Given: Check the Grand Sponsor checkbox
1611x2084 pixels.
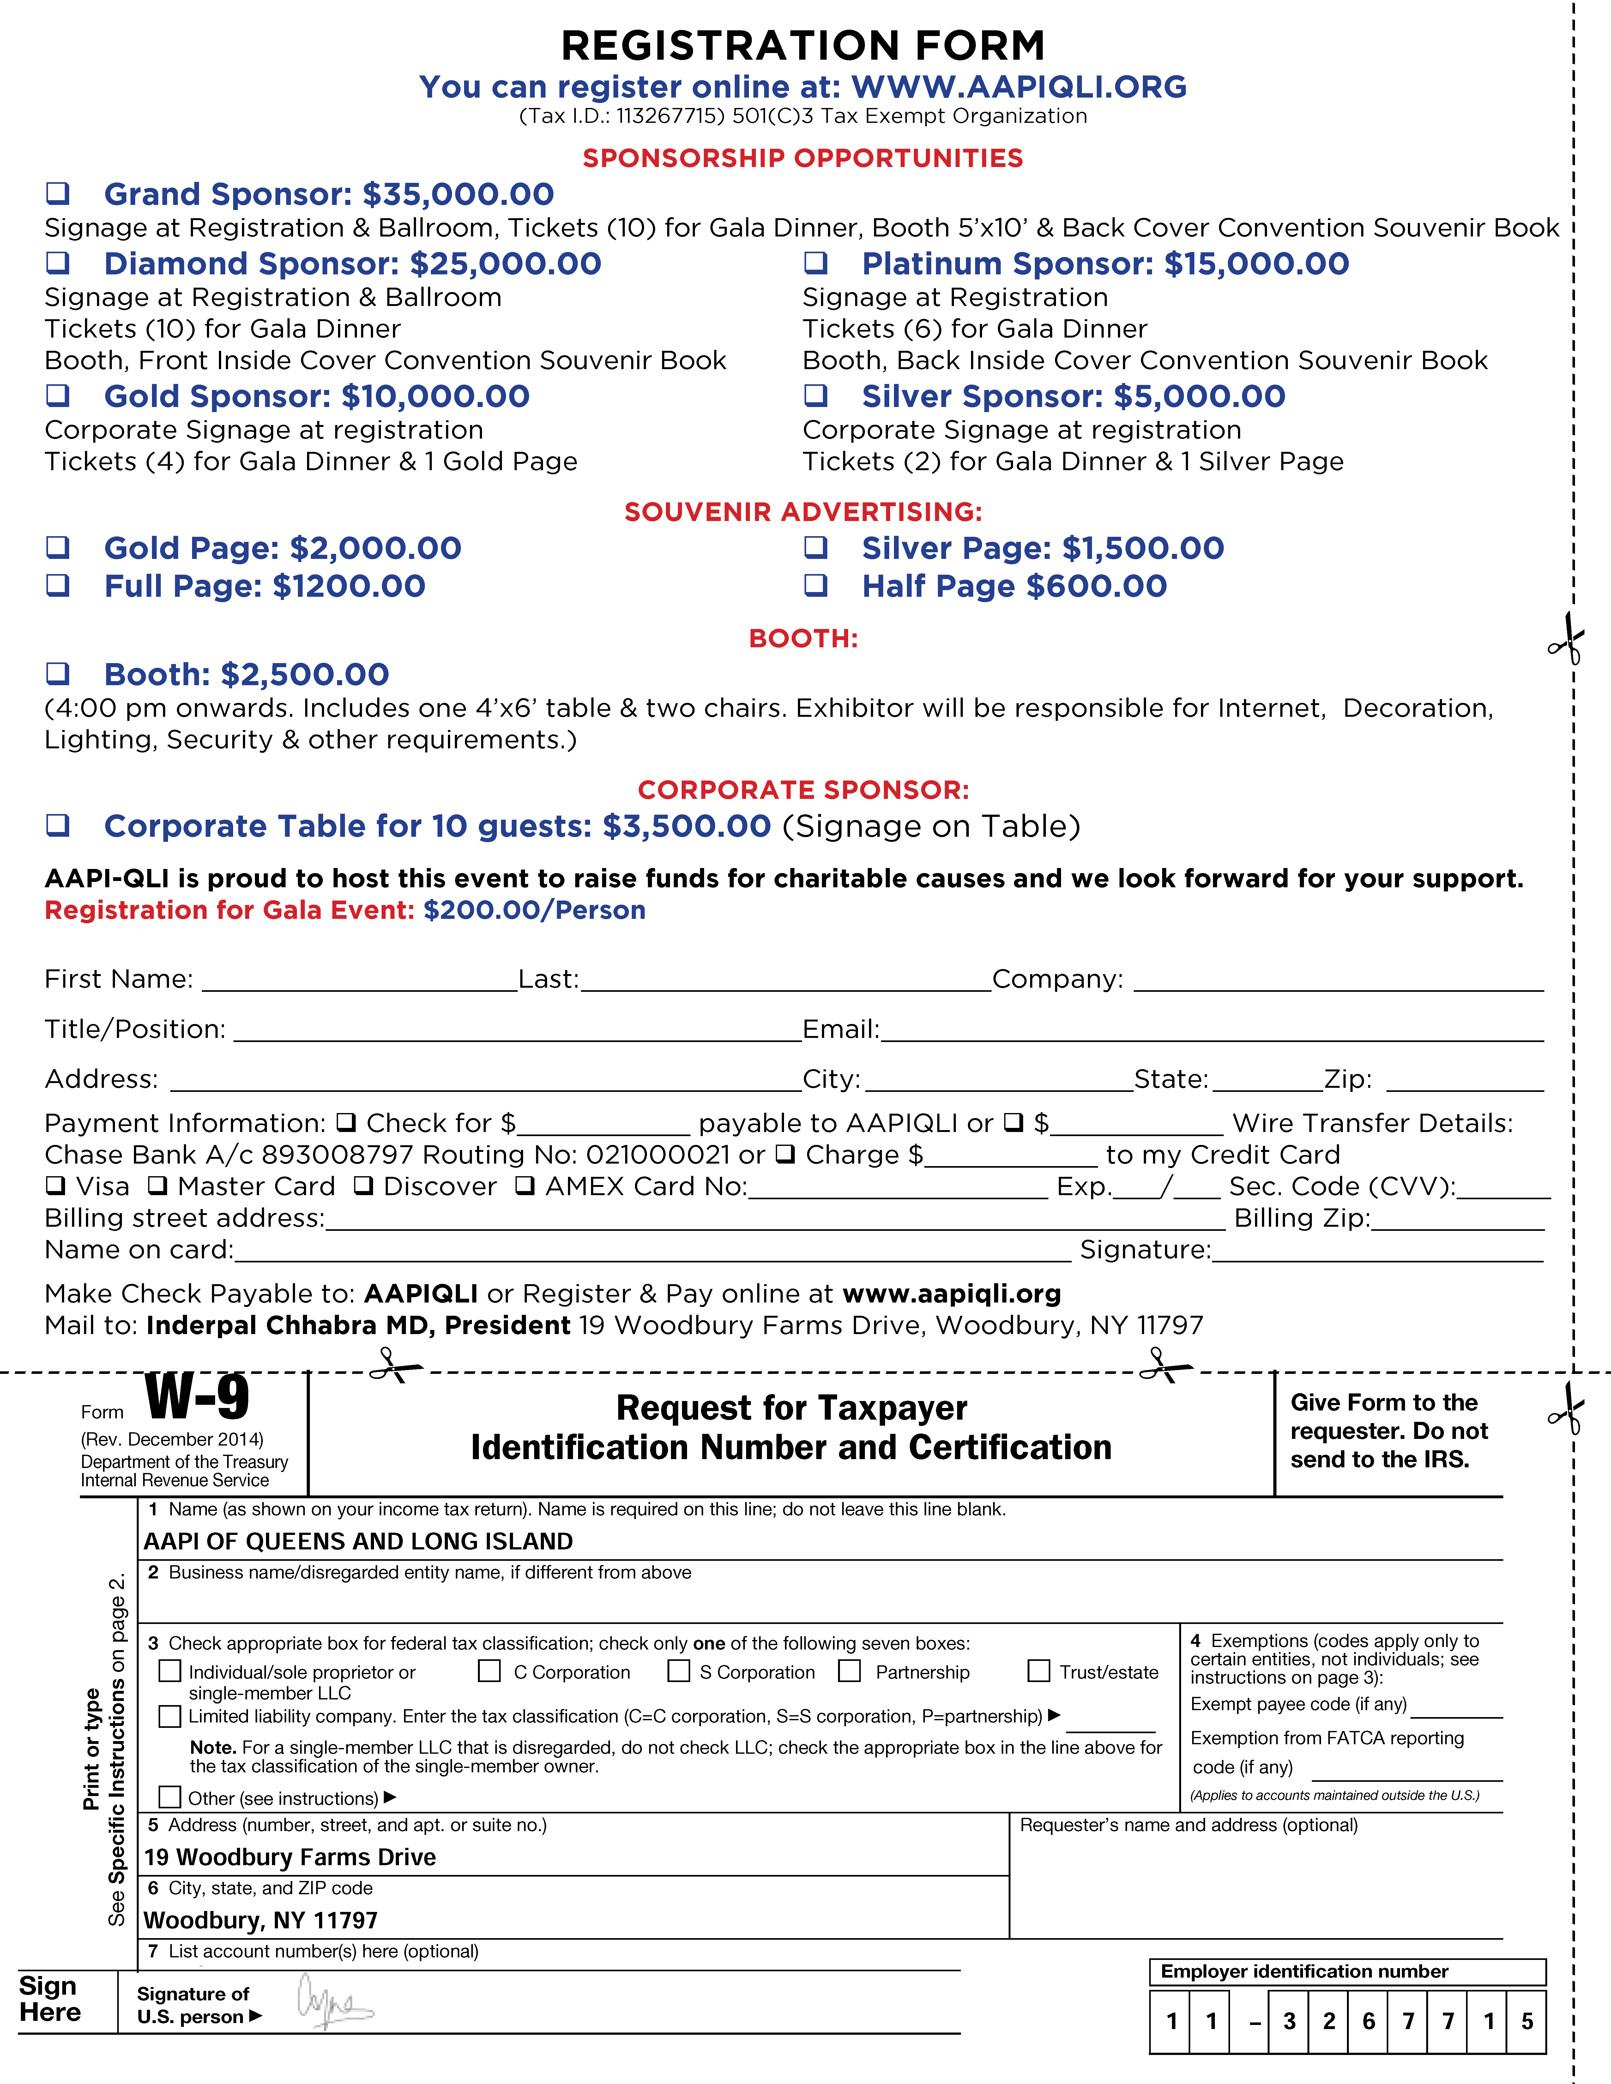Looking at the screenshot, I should tap(58, 194).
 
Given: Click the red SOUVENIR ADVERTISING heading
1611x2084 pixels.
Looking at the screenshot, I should tap(803, 512).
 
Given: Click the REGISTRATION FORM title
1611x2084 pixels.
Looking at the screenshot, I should tap(803, 45).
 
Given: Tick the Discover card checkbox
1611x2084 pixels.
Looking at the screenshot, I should tap(364, 1186).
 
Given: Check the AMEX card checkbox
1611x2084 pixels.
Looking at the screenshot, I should tap(525, 1186).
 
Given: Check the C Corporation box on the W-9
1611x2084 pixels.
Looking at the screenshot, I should tap(490, 1671).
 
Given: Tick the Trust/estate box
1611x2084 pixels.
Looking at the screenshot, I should tap(1038, 1671).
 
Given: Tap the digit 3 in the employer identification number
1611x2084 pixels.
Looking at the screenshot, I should tap(1289, 2021).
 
